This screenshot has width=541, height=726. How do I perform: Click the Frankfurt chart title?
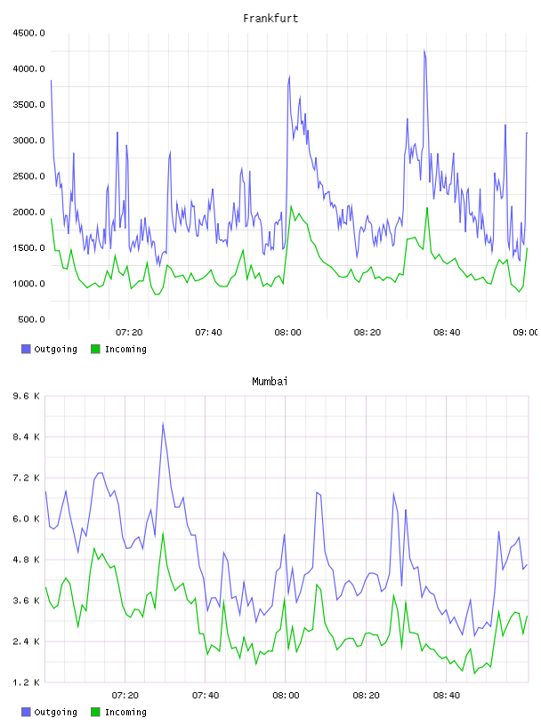tap(270, 19)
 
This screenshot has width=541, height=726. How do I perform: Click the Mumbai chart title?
tap(270, 382)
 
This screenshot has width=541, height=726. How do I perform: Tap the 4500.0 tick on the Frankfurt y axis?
tap(28, 33)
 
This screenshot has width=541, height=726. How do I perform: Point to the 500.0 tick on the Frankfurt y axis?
tap(31, 319)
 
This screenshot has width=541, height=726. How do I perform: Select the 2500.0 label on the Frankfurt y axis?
tap(28, 176)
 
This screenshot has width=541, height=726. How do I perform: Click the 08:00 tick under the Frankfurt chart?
tap(287, 333)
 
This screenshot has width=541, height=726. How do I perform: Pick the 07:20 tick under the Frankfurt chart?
tap(129, 333)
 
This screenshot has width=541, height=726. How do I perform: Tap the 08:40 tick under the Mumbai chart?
tap(447, 696)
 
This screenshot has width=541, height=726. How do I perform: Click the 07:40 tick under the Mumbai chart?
tap(206, 696)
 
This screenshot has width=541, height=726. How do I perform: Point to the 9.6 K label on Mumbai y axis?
tap(27, 396)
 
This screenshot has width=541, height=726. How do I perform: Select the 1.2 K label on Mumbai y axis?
tap(27, 682)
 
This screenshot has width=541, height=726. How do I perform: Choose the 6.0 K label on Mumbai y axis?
tap(27, 519)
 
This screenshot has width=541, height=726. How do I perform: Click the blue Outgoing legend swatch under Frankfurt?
tap(26, 349)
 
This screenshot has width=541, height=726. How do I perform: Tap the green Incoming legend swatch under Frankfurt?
tap(95, 349)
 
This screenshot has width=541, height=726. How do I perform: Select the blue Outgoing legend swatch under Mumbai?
tap(26, 712)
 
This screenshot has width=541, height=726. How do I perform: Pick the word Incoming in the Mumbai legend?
tap(125, 712)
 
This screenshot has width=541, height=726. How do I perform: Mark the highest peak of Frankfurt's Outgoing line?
tap(424, 50)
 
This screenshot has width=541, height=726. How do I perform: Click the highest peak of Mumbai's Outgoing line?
tap(163, 423)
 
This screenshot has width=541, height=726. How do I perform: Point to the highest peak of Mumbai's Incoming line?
tap(163, 533)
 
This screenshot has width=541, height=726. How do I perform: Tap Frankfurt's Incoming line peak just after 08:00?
tap(291, 206)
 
